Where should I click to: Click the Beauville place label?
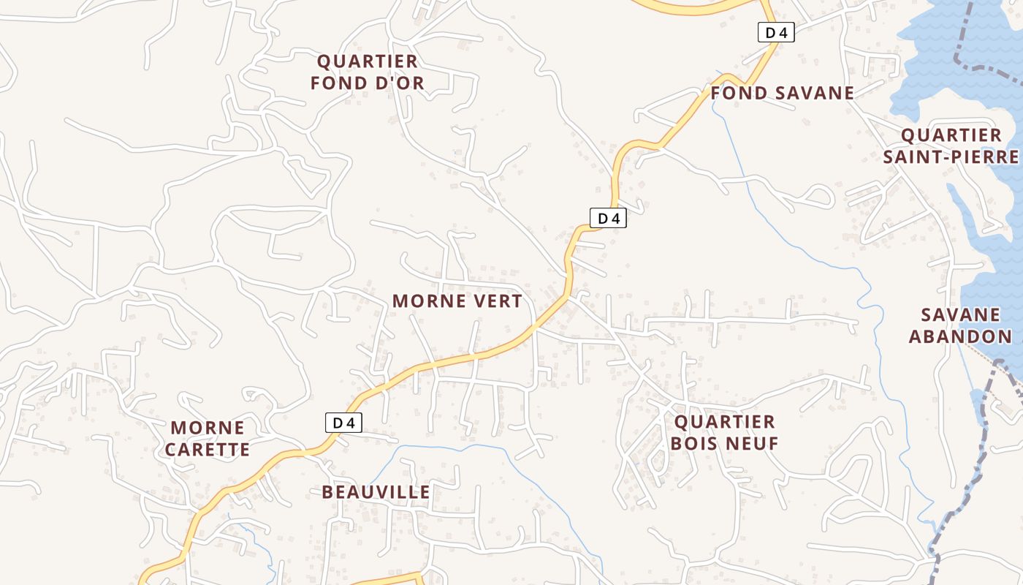pyautogui.click(x=376, y=492)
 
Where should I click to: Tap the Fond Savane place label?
pyautogui.click(x=782, y=93)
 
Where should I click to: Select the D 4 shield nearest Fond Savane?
pyautogui.click(x=775, y=32)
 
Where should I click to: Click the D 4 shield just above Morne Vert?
pyautogui.click(x=608, y=218)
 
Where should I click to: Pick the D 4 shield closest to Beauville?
pyautogui.click(x=343, y=423)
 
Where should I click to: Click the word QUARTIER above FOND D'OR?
pyautogui.click(x=367, y=61)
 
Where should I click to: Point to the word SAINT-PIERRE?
pyautogui.click(x=951, y=156)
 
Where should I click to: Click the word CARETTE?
pyautogui.click(x=208, y=449)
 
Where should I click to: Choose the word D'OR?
pyautogui.click(x=399, y=83)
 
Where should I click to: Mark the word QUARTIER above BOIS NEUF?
pyautogui.click(x=724, y=422)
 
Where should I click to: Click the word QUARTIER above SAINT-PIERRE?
pyautogui.click(x=951, y=135)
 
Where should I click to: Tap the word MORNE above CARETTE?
pyautogui.click(x=208, y=428)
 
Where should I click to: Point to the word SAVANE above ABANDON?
pyautogui.click(x=959, y=315)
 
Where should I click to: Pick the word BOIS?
pyautogui.click(x=695, y=443)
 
